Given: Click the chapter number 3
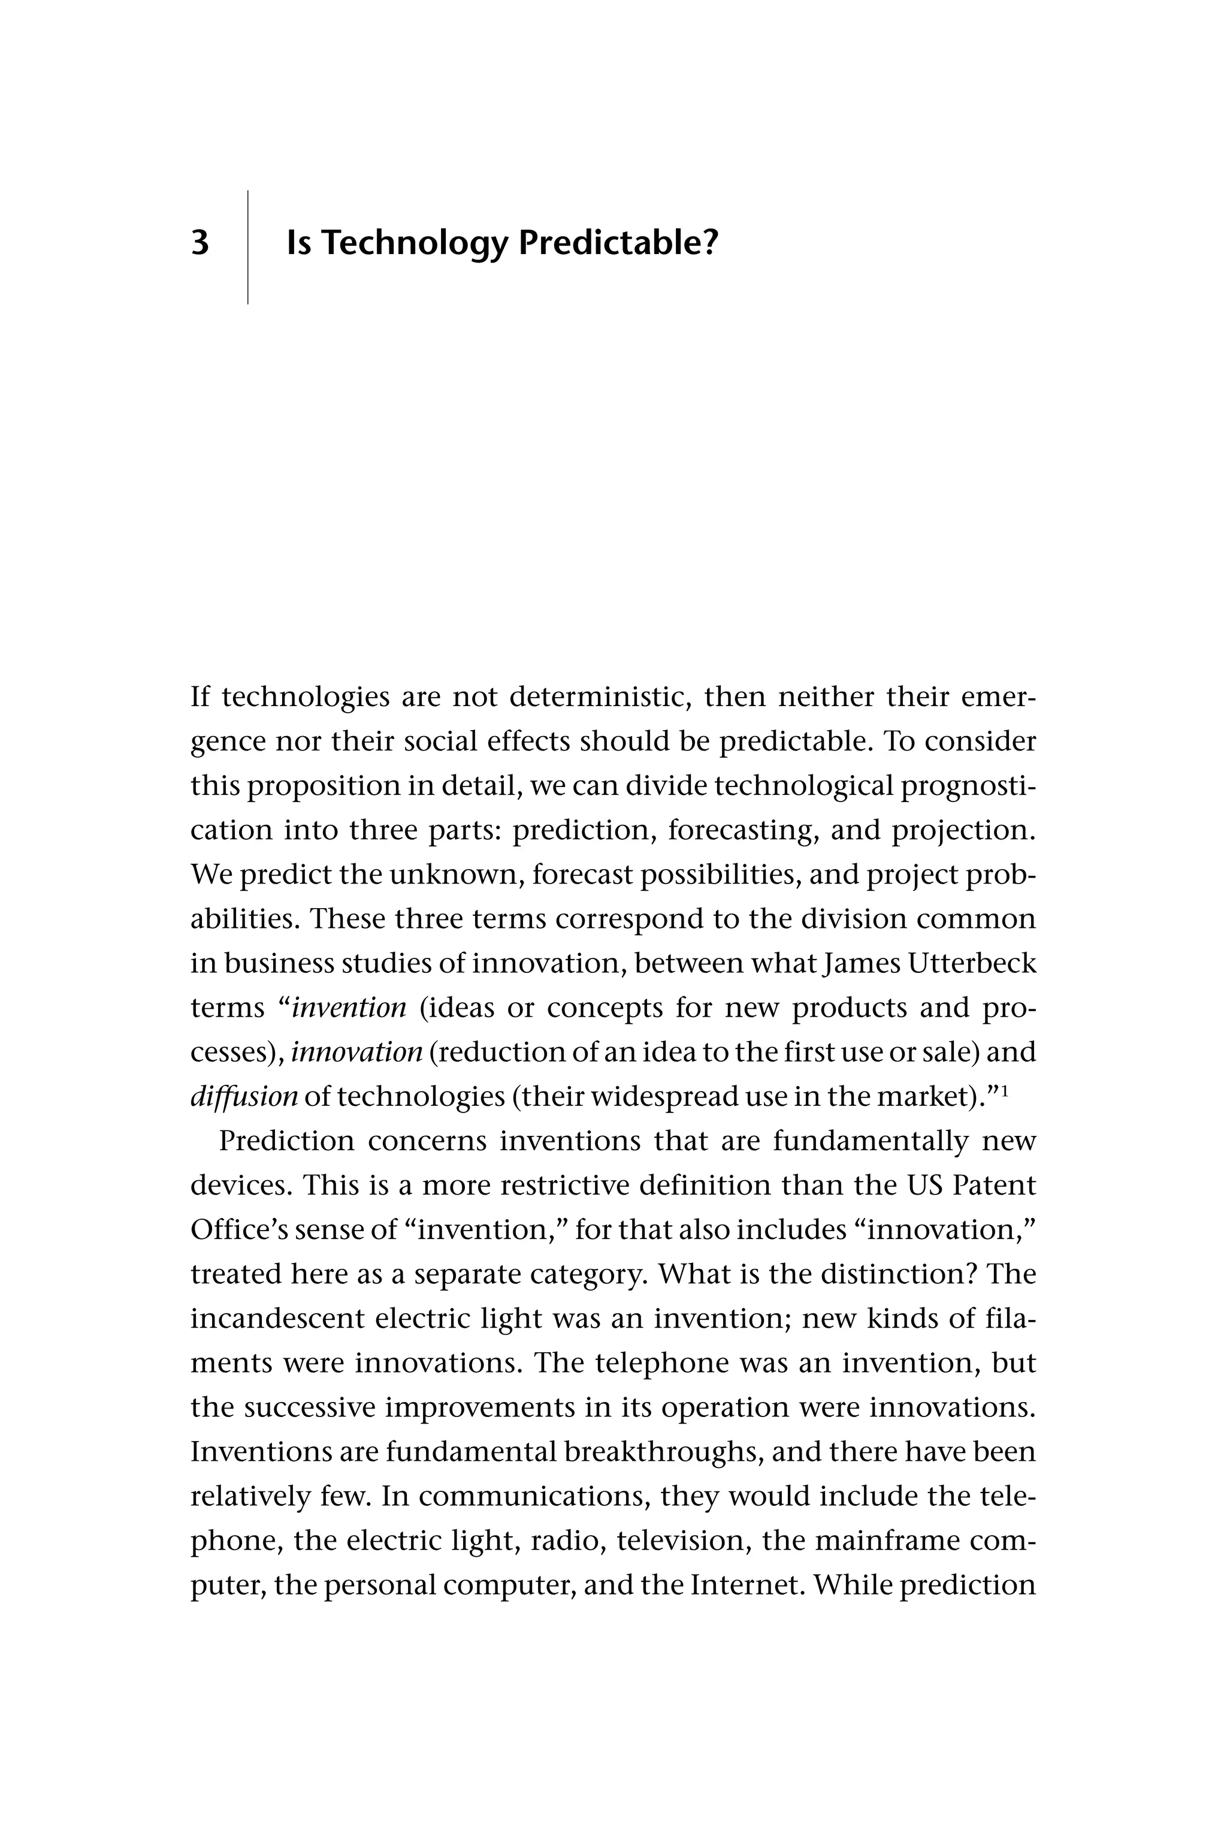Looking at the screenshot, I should coord(200,243).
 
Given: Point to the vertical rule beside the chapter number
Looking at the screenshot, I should coord(248,246).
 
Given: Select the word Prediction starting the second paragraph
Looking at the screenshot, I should coord(286,1141).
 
